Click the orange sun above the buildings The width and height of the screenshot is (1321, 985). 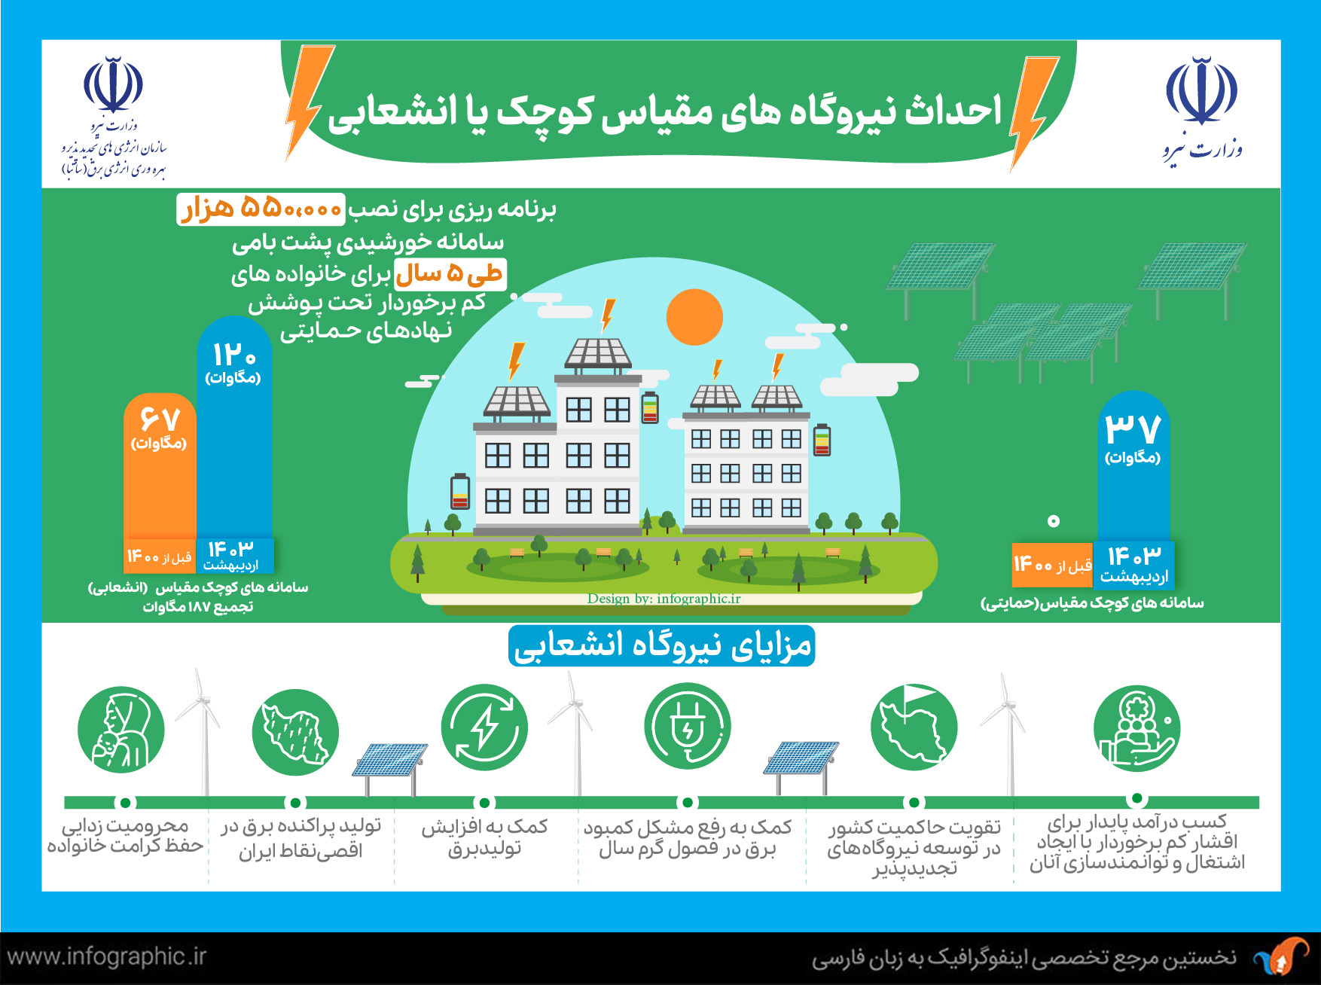pos(694,317)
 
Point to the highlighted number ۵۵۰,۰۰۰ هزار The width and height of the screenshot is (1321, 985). pos(261,209)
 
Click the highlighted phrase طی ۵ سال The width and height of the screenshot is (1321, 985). pos(450,274)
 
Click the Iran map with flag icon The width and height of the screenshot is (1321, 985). pos(914,726)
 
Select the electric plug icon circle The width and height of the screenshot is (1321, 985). pos(687,726)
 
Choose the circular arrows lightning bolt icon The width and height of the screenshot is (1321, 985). pos(484,727)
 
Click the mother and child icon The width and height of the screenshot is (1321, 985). pos(121,729)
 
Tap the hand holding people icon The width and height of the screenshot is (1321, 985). pos(1136,727)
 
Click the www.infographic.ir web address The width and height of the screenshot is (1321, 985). pos(106,957)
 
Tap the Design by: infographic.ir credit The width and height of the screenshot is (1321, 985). pos(664,599)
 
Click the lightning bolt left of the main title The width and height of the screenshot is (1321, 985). pos(309,102)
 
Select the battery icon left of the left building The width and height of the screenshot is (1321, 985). pos(460,491)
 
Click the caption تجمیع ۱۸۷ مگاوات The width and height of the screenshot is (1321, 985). pos(198,607)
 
